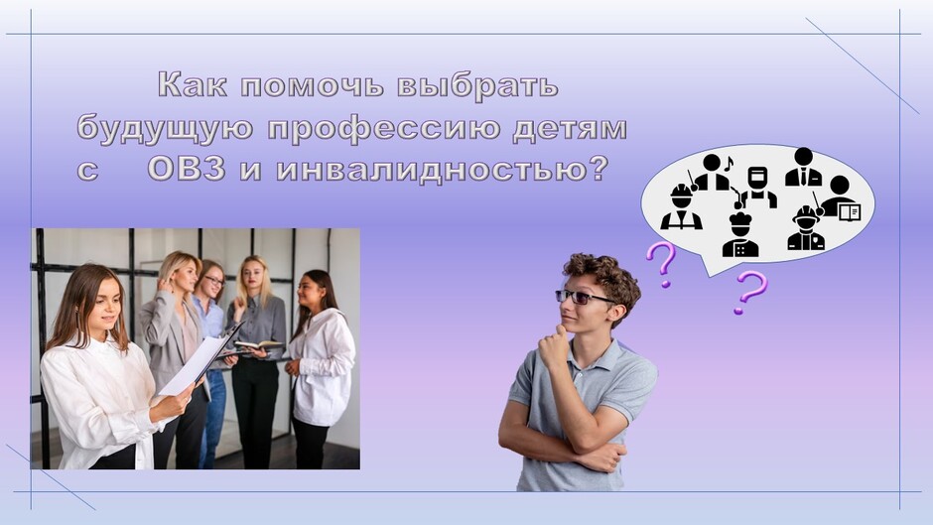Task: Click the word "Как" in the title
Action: [x=193, y=84]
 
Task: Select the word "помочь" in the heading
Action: [x=312, y=85]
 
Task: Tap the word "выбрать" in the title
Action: [x=477, y=85]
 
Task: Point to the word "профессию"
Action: [x=384, y=129]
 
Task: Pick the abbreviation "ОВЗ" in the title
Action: [x=187, y=169]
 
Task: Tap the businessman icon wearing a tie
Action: [x=803, y=167]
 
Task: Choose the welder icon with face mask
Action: [x=758, y=188]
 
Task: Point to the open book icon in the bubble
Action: [x=850, y=211]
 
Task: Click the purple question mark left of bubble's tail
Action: [x=662, y=264]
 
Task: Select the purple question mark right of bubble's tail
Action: [x=750, y=291]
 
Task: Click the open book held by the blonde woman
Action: [x=257, y=345]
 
